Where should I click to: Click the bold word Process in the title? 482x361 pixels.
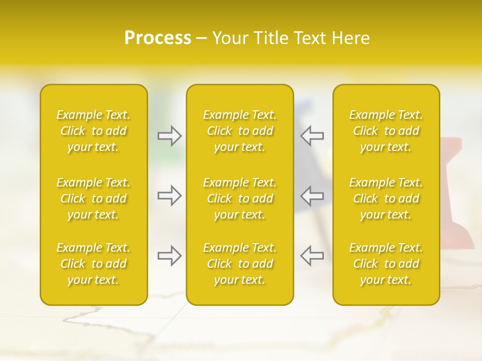pyautogui.click(x=158, y=38)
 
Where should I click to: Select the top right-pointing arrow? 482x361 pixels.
pyautogui.click(x=170, y=136)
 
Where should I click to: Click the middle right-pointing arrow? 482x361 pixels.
pyautogui.click(x=170, y=196)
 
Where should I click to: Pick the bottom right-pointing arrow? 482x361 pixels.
pyautogui.click(x=170, y=256)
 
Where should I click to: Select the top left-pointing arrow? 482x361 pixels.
pyautogui.click(x=312, y=136)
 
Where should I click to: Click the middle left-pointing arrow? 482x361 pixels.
pyautogui.click(x=312, y=196)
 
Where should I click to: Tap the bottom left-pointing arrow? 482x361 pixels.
pyautogui.click(x=312, y=256)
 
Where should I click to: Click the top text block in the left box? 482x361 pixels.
pyautogui.click(x=93, y=131)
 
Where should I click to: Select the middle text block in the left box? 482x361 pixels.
pyautogui.click(x=93, y=199)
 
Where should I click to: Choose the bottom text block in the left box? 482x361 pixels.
pyautogui.click(x=93, y=264)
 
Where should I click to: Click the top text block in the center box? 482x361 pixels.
pyautogui.click(x=239, y=131)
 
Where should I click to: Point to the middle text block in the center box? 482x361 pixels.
pyautogui.click(x=239, y=199)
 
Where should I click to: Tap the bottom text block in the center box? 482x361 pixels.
pyautogui.click(x=239, y=264)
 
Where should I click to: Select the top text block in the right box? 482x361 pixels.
pyautogui.click(x=386, y=131)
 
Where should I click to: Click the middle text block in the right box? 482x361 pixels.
pyautogui.click(x=386, y=199)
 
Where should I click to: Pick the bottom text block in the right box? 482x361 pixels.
pyautogui.click(x=386, y=264)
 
